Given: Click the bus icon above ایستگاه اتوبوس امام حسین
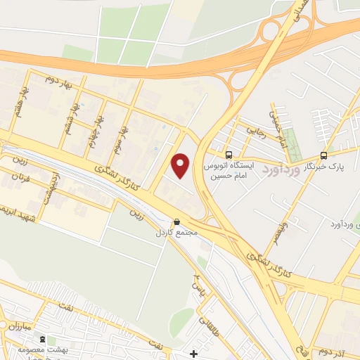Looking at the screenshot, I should (x=228, y=155).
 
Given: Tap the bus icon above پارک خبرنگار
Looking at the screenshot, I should (x=323, y=155).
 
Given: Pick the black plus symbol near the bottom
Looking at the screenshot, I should (x=194, y=353).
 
